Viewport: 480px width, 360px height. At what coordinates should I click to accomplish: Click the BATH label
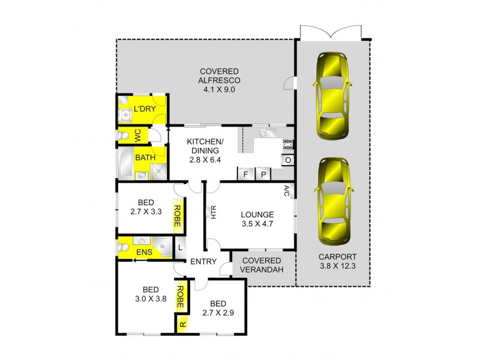(145, 158)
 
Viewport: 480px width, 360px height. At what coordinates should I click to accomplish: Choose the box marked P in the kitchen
(263, 174)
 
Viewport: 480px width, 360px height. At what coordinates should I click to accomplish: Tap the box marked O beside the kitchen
(287, 160)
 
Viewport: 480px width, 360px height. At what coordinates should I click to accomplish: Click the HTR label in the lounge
(213, 212)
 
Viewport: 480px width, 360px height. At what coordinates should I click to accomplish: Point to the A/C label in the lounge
(287, 191)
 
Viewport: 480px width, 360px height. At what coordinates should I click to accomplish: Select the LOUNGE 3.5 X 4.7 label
(257, 220)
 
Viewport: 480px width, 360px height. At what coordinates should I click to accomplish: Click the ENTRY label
(203, 262)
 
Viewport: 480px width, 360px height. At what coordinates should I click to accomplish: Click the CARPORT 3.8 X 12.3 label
(337, 262)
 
